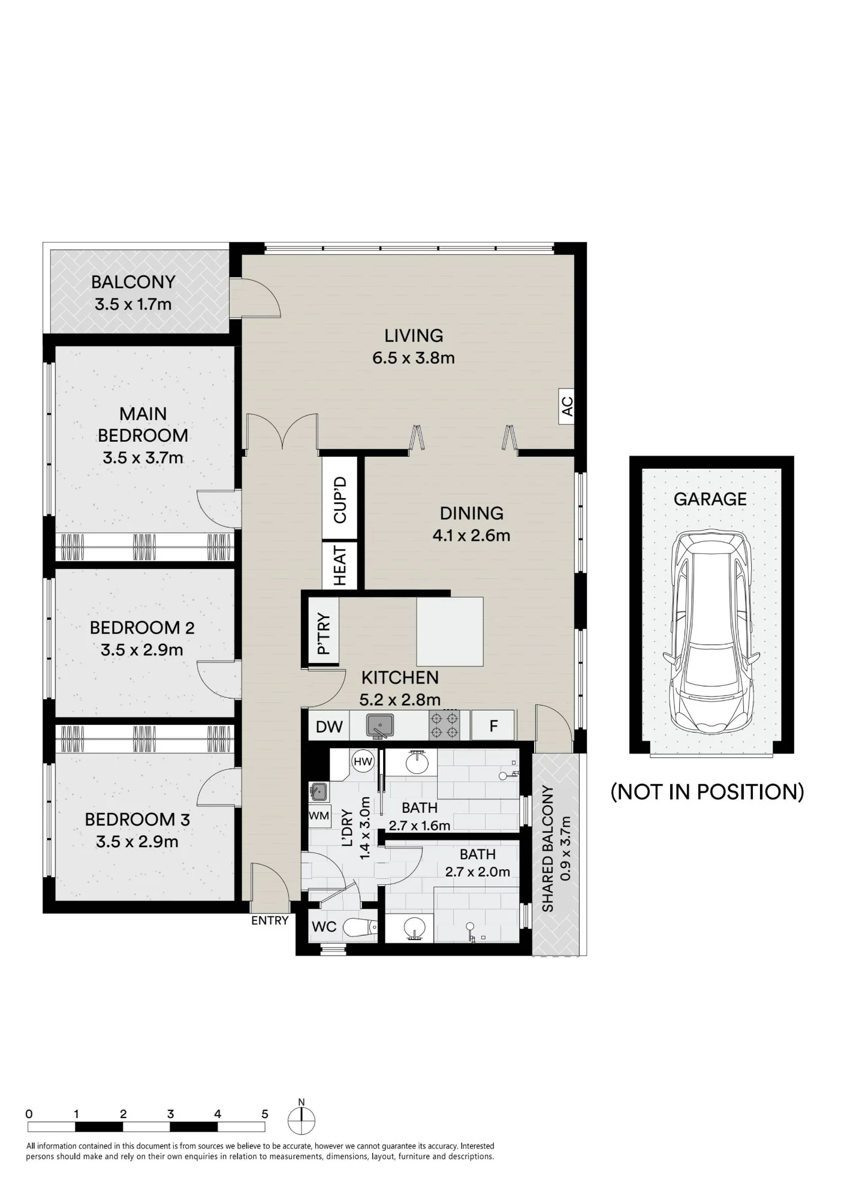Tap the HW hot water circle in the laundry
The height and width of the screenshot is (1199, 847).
click(x=363, y=762)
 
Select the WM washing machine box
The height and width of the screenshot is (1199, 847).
click(x=319, y=815)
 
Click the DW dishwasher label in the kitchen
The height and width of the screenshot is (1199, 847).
click(x=329, y=727)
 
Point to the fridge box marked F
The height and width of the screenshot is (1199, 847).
click(x=493, y=726)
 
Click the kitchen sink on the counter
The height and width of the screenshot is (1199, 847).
click(x=379, y=726)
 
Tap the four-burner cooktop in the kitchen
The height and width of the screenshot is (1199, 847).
click(x=444, y=725)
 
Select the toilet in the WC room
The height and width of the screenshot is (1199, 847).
click(x=361, y=927)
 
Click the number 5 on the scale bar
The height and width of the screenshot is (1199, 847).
click(x=265, y=1114)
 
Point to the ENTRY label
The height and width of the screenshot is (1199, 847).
click(x=270, y=920)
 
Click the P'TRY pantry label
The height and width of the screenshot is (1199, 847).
click(x=324, y=633)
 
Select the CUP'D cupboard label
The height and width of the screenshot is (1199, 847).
click(x=340, y=500)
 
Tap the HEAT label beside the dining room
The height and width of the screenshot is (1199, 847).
click(x=340, y=566)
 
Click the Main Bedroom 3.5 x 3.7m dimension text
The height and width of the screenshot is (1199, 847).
click(x=143, y=458)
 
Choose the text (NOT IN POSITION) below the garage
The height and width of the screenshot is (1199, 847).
click(x=707, y=792)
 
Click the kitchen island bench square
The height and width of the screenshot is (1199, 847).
click(x=450, y=631)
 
